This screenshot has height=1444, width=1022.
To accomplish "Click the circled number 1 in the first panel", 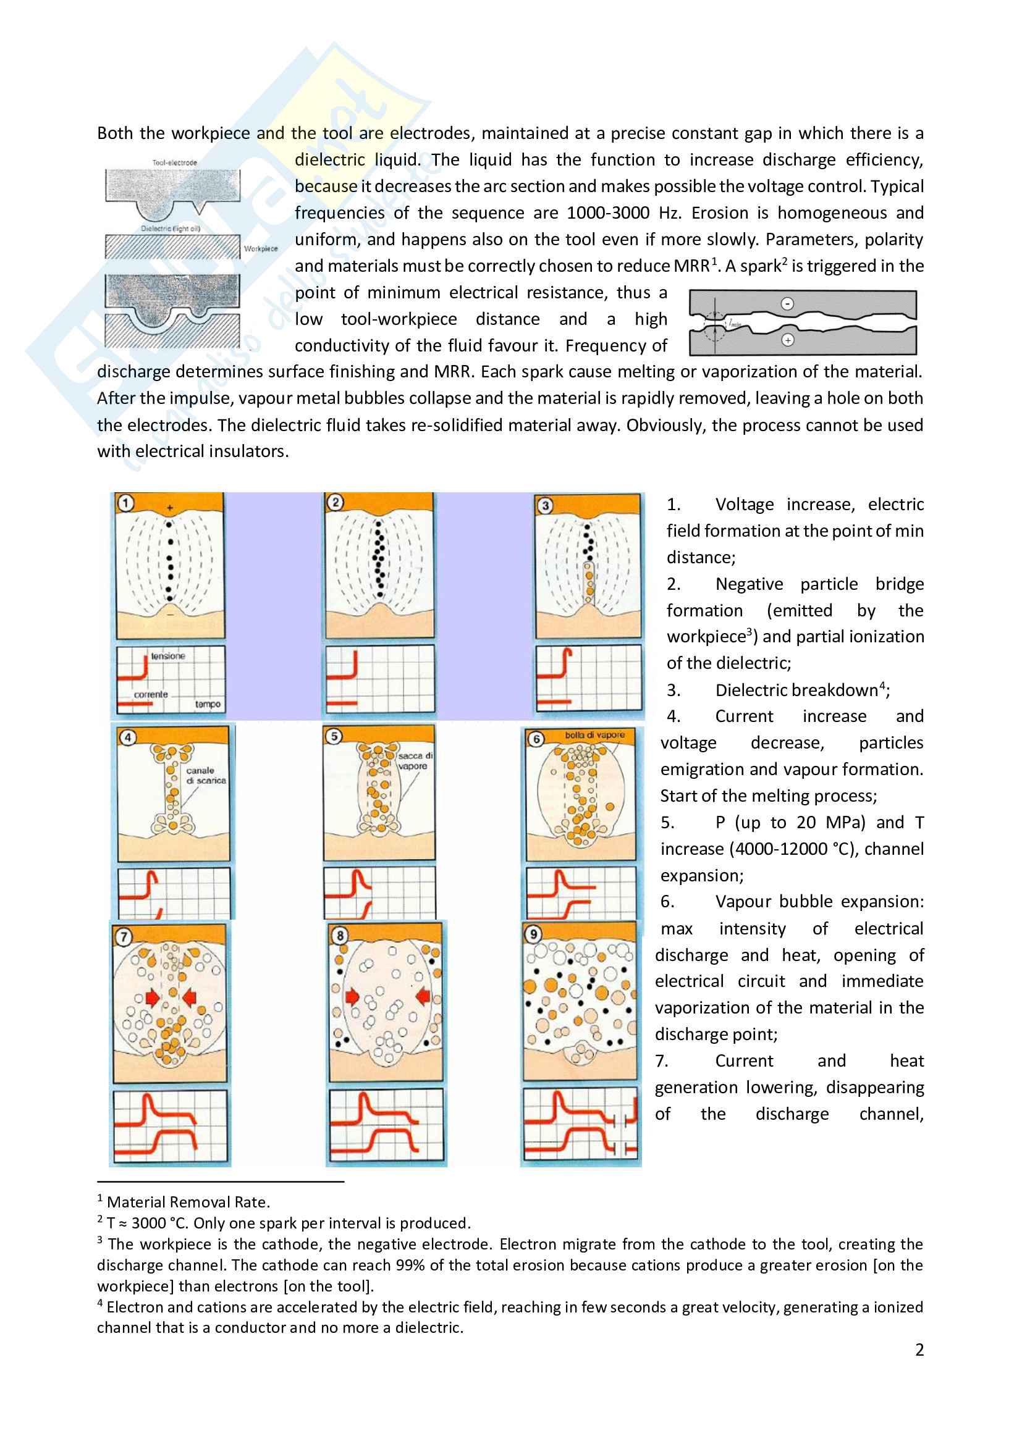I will pos(127,503).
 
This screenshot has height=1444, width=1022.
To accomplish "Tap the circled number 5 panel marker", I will pos(334,736).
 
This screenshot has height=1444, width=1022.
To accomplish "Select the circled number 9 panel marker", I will pos(534,934).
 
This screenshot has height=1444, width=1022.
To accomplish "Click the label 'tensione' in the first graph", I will pos(168,656).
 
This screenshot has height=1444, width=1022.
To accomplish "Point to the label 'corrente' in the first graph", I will pos(151,695).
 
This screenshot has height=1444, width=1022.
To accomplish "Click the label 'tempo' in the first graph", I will pos(208,704).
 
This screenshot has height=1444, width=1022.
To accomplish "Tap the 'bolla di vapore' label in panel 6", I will pos(594,734).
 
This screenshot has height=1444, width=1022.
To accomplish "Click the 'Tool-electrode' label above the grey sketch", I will pos(174,163).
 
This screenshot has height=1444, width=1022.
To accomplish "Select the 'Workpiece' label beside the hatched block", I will pos(261,249).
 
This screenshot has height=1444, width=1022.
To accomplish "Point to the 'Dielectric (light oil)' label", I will pos(171,229).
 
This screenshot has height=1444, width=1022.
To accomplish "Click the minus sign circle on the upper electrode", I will pos(787,304).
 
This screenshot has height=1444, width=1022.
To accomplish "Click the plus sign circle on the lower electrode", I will pos(787,340).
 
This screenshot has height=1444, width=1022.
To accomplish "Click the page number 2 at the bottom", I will pos(919,1350).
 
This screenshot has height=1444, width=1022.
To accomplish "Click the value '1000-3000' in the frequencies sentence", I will pos(607,213).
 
